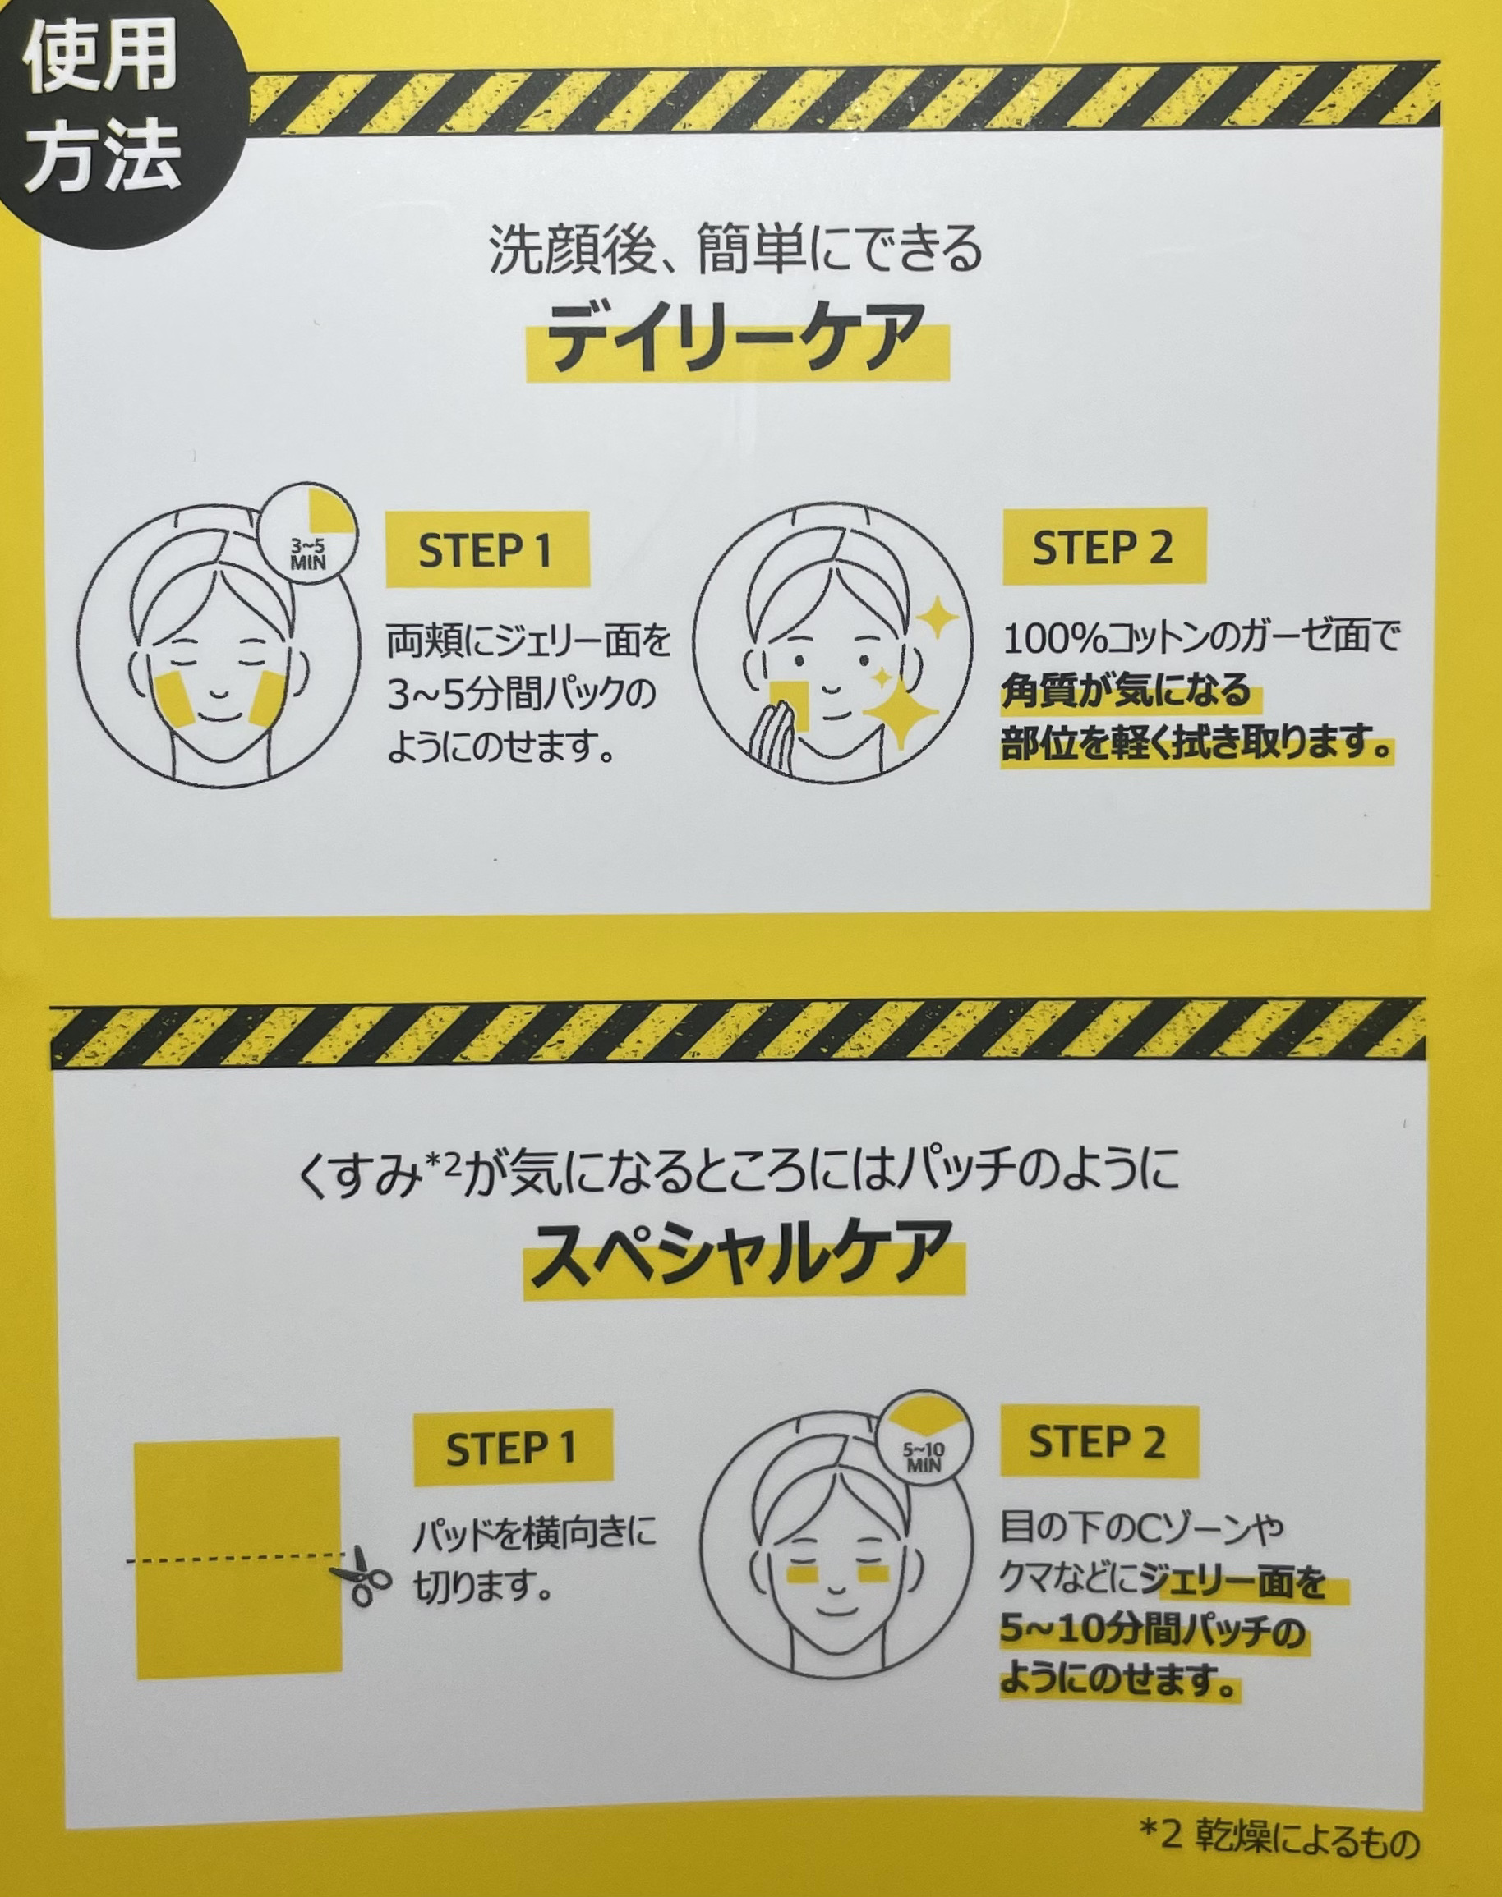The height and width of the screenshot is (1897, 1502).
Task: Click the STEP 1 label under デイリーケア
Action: [486, 551]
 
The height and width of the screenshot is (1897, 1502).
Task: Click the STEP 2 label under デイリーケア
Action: [1103, 549]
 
